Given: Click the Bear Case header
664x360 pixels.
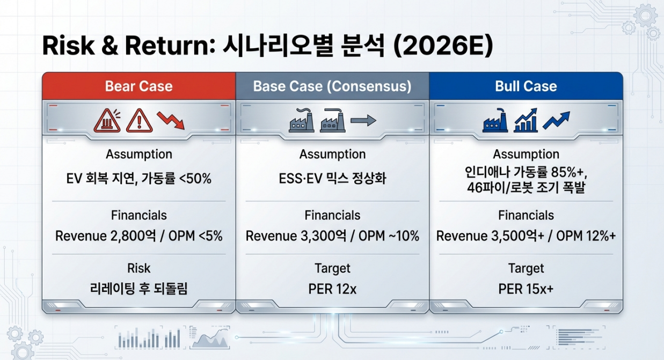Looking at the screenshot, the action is pos(138,86).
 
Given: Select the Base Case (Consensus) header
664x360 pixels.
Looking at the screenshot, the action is pos(332,86).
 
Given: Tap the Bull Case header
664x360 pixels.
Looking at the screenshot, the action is pos(526,86).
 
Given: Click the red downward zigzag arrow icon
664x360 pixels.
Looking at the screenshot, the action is pos(171,120).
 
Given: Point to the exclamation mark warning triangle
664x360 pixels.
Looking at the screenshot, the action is pos(140,121).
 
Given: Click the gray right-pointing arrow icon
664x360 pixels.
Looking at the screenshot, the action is pos(363,121).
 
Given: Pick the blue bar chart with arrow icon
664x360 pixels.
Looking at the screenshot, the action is pos(526,120).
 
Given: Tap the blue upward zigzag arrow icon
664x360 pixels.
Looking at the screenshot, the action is pos(557,120).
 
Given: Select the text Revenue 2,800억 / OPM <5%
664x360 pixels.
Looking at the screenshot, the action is pos(138,236).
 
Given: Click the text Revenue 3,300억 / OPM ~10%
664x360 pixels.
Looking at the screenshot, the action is pos(332,236).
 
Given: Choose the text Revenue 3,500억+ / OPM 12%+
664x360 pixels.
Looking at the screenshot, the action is pos(526,236).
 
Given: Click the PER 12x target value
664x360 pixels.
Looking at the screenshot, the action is pos(332,289).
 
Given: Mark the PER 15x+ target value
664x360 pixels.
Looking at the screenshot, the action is pos(526,289).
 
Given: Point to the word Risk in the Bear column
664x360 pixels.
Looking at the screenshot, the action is pos(138,268).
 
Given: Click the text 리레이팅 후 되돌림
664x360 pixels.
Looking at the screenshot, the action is pos(138,289).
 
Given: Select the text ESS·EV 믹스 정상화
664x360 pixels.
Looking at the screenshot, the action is pos(332,179).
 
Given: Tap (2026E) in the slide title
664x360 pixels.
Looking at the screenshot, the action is pos(443,46).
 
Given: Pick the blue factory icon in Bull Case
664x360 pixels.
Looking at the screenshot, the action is pos(495,120).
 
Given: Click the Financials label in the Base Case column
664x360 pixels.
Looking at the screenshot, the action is pos(332,215).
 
